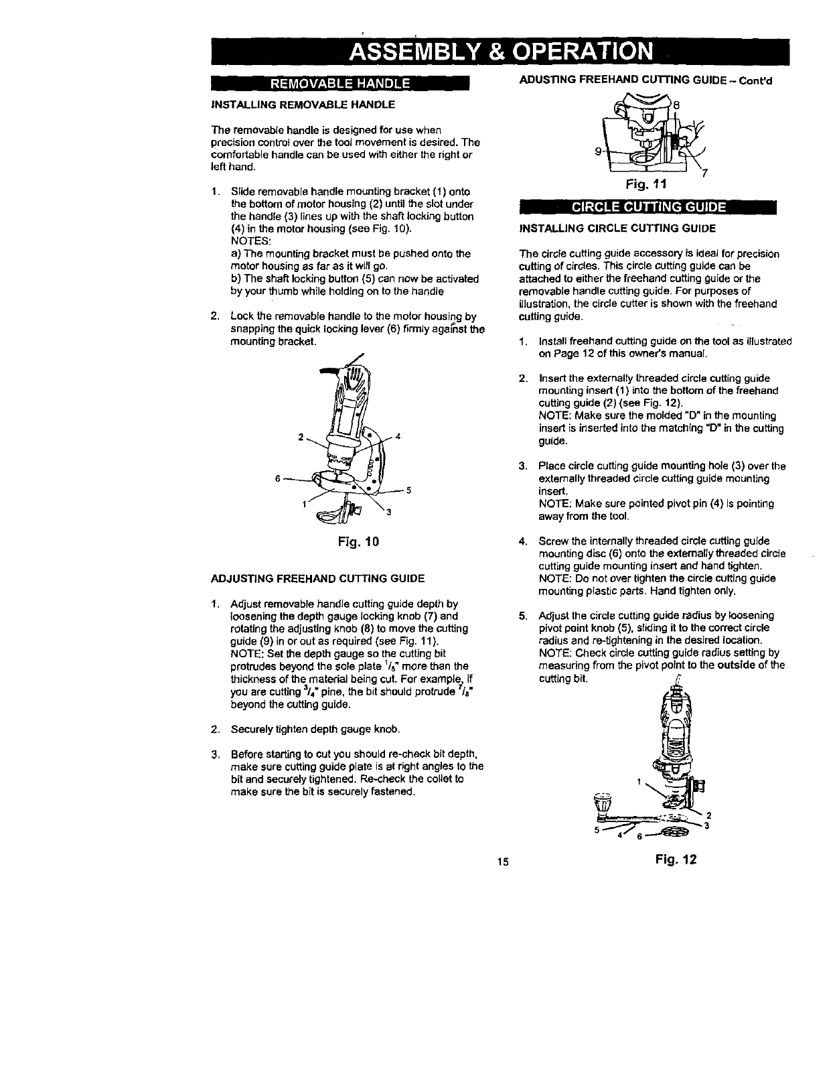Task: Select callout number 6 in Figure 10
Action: click(277, 478)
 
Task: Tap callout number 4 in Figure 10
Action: click(398, 438)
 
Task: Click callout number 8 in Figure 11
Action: click(676, 105)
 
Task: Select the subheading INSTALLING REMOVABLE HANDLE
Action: click(303, 105)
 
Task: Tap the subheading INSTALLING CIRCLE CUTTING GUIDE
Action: click(617, 228)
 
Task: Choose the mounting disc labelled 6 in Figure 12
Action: click(670, 832)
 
